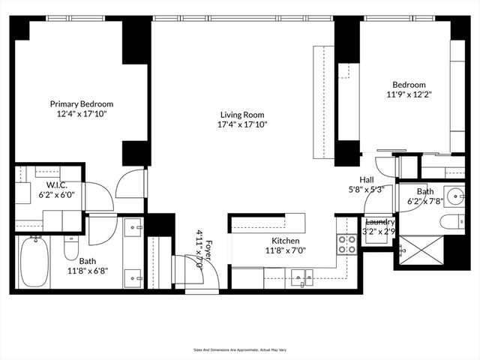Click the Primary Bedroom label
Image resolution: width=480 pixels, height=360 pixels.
[82, 104]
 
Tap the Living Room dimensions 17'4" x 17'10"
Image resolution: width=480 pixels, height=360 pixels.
[242, 124]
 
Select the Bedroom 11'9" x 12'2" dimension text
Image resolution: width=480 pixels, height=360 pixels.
[409, 95]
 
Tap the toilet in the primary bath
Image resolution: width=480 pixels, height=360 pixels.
[70, 246]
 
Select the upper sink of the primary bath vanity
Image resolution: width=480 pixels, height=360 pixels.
[133, 226]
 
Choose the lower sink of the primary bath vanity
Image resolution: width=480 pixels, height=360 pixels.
[133, 276]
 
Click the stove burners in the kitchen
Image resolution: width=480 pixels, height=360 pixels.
[347, 244]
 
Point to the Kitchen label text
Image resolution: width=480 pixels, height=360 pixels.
[286, 241]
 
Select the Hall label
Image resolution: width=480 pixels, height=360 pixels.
[367, 180]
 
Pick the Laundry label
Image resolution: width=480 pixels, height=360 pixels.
[380, 222]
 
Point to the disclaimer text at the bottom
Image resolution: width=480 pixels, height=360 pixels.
[240, 349]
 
